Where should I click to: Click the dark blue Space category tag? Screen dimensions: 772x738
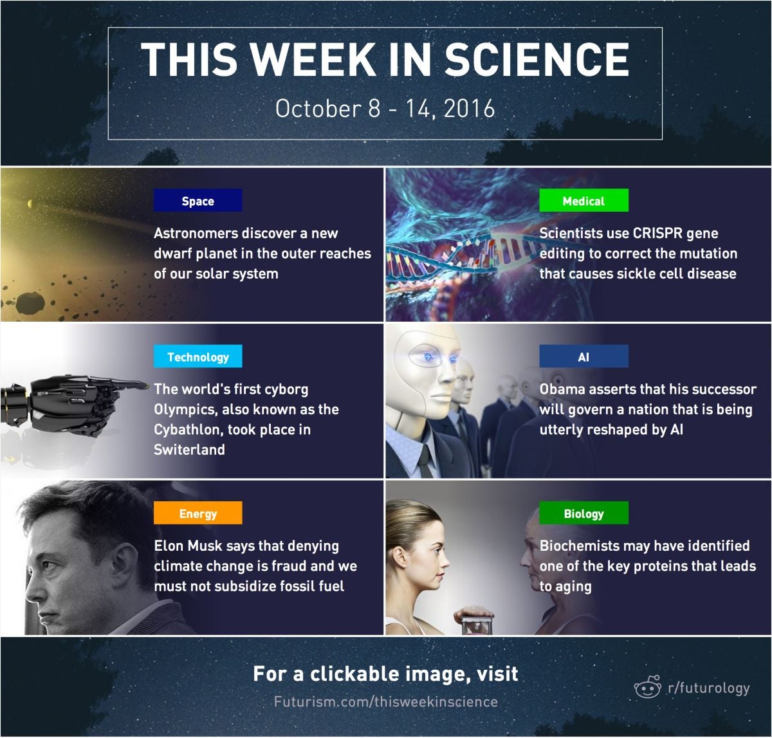click(198, 200)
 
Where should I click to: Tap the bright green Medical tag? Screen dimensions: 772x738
click(584, 200)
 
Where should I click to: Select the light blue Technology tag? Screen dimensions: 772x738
click(198, 356)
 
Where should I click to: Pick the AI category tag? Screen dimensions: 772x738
click(584, 356)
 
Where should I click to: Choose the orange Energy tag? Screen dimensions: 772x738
click(198, 513)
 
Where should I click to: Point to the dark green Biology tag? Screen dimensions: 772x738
click(584, 513)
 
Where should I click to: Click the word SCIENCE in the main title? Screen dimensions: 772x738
click(537, 59)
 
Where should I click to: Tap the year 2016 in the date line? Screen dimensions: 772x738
click(469, 108)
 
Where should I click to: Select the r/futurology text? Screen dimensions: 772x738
click(709, 688)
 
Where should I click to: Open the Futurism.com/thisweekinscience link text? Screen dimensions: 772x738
click(385, 702)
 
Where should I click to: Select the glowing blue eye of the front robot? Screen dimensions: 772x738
click(428, 357)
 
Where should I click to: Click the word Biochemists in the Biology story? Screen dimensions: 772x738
click(579, 546)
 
